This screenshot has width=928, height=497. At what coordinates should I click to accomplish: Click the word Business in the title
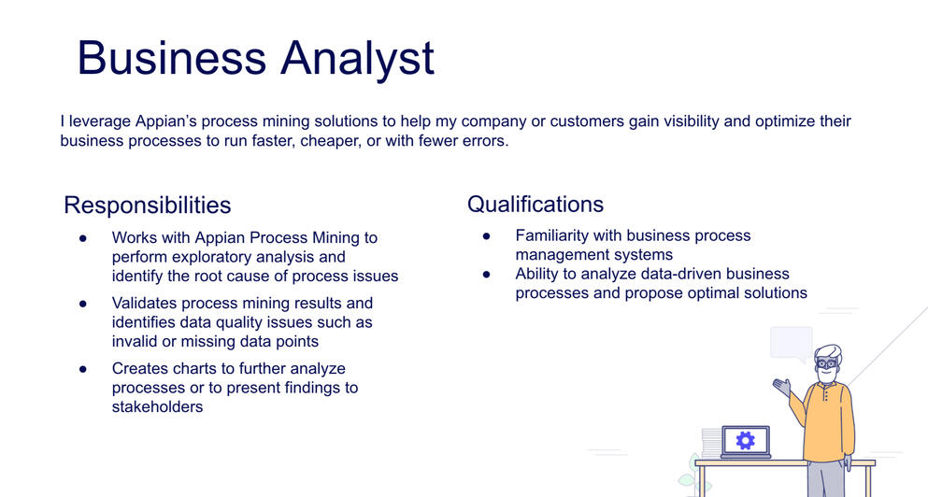click(x=172, y=57)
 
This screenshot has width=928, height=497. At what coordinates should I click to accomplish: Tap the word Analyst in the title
click(x=358, y=60)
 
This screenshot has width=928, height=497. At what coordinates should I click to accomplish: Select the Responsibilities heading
click(x=148, y=206)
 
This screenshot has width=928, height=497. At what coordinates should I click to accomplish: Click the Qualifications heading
click(x=535, y=204)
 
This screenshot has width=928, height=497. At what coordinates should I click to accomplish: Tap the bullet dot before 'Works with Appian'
click(x=83, y=238)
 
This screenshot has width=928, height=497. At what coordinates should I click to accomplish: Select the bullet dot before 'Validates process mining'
click(x=83, y=304)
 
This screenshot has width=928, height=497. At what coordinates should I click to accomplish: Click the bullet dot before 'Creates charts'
click(x=83, y=369)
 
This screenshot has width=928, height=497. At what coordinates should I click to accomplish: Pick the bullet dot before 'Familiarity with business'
click(x=487, y=235)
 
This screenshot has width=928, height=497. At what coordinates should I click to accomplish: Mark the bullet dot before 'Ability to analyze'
click(x=487, y=274)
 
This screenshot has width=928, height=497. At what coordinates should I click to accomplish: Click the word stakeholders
click(x=157, y=407)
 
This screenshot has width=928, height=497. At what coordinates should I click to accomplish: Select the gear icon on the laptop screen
click(x=745, y=441)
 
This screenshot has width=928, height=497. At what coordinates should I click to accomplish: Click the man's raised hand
click(x=782, y=388)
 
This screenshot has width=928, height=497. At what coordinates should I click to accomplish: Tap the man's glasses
click(x=827, y=362)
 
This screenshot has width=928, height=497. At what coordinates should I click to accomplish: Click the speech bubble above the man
click(x=792, y=343)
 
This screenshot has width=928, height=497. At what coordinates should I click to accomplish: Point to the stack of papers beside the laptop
click(x=710, y=443)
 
